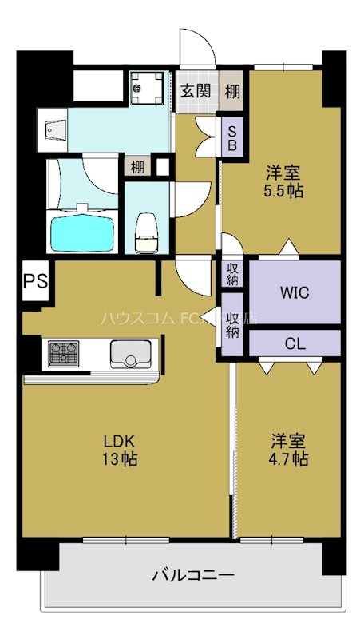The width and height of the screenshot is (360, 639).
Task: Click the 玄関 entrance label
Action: (x=195, y=90)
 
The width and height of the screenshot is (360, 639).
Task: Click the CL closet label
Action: (x=295, y=344)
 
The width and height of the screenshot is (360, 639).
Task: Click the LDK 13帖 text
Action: (x=120, y=450)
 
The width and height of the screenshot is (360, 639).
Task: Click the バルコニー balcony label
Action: (x=193, y=574)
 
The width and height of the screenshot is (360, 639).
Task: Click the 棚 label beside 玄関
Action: (x=232, y=91)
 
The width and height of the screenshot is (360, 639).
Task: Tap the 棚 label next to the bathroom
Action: (x=137, y=166)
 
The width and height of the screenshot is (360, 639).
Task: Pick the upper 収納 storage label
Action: (x=232, y=274)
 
